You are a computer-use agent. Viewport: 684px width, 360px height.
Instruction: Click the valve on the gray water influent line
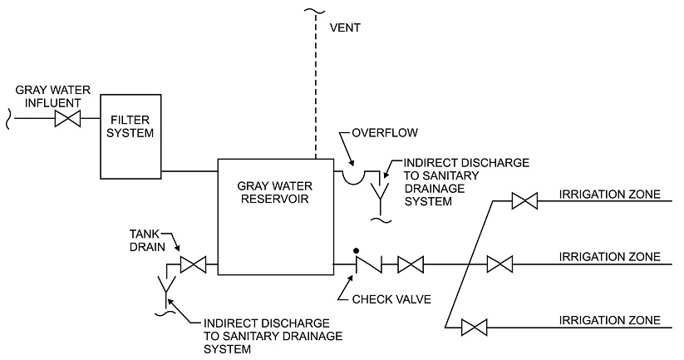pyautogui.click(x=67, y=119)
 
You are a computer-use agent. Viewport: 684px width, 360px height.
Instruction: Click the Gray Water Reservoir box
pyautogui.click(x=275, y=216)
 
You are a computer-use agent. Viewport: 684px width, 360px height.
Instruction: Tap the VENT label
pyautogui.click(x=346, y=27)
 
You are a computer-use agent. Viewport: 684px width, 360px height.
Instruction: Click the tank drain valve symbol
pyautogui.click(x=194, y=266)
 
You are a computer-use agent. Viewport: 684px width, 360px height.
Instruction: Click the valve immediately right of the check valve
pyautogui.click(x=411, y=266)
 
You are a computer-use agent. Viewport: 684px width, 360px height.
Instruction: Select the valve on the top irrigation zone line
pyautogui.click(x=524, y=200)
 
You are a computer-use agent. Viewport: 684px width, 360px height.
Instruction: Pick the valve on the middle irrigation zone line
pyautogui.click(x=499, y=265)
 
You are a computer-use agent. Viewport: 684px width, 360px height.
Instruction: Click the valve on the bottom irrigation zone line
pyautogui.click(x=474, y=328)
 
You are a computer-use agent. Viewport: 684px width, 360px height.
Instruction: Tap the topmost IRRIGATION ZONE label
pyautogui.click(x=610, y=195)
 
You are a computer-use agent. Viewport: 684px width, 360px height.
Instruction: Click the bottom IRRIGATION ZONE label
pyautogui.click(x=610, y=320)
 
